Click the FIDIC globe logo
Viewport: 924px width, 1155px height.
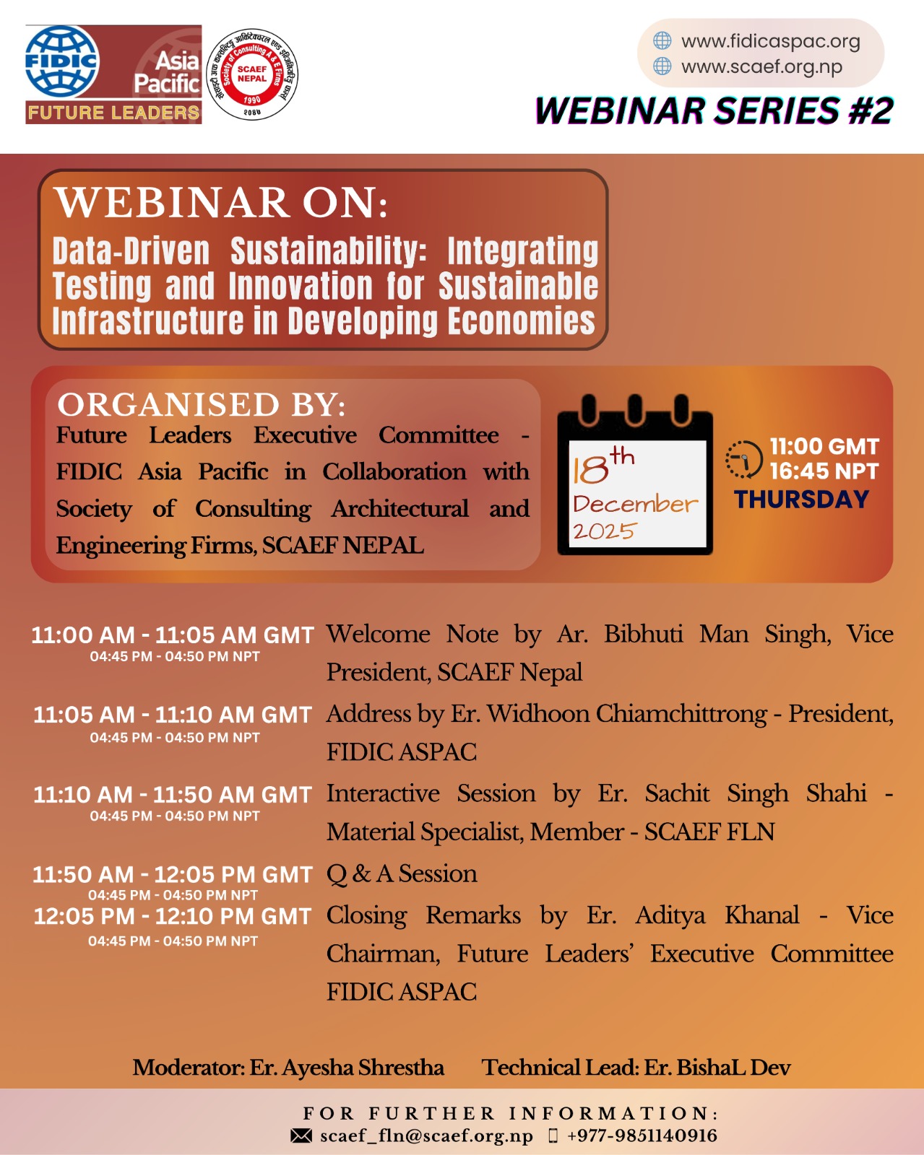62,62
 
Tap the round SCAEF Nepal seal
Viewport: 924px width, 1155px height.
252,74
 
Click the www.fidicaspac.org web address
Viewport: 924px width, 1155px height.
770,41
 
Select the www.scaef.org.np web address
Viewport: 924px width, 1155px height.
761,67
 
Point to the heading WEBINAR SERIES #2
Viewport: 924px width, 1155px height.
714,110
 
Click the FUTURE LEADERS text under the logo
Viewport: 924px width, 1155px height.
114,113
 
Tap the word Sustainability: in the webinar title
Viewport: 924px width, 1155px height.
329,250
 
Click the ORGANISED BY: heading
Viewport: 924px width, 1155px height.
202,405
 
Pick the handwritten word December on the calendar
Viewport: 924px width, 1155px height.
636,504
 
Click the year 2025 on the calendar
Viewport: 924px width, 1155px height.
604,531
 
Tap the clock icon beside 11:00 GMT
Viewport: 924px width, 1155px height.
744,459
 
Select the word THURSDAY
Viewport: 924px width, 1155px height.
801,500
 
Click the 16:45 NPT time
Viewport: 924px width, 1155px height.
824,472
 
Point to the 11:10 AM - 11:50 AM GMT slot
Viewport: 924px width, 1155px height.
173,795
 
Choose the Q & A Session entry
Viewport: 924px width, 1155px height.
402,874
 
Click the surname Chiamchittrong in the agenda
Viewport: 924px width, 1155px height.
681,715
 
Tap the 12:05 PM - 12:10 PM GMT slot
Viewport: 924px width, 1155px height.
173,916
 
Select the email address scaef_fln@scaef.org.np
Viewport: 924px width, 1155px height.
426,1136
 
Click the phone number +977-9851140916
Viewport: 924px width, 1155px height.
642,1136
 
